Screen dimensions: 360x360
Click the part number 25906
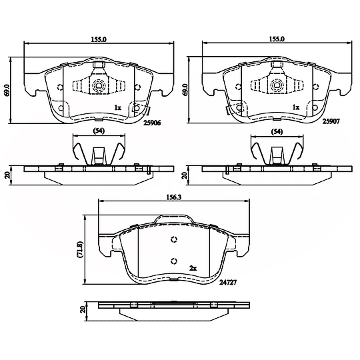coord(152,123)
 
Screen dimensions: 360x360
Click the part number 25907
coord(331,121)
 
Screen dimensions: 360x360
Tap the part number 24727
coord(228,283)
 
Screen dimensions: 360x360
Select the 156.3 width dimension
coord(174,197)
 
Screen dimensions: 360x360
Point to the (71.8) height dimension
coord(80,249)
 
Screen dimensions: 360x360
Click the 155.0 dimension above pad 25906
coord(99,39)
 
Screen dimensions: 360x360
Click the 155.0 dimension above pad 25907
coord(277,39)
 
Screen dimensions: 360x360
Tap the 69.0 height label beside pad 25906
coord(7,90)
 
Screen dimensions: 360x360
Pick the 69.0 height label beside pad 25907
coord(185,90)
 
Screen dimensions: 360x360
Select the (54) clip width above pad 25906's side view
coord(99,131)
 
